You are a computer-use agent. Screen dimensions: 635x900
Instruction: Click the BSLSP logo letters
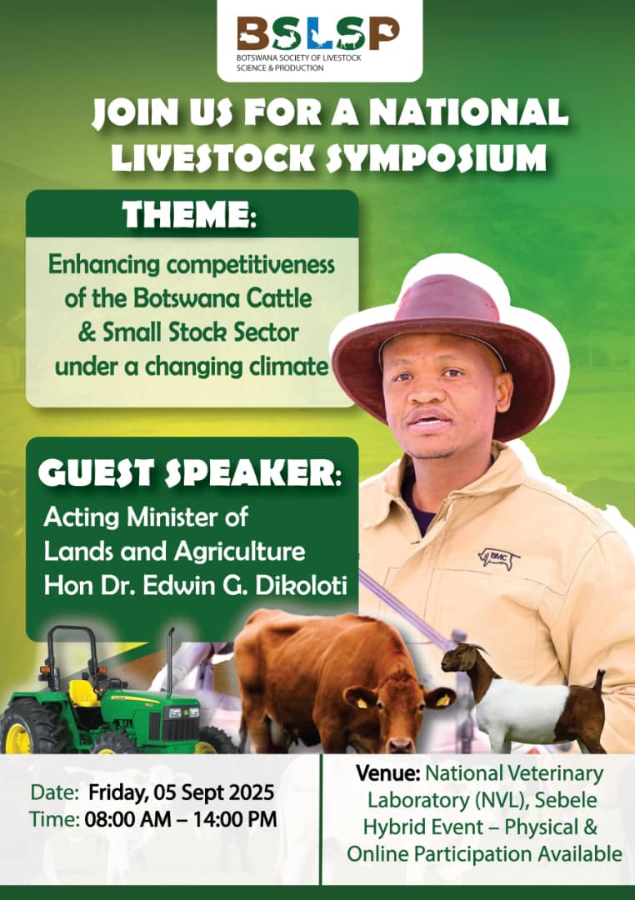click(x=318, y=33)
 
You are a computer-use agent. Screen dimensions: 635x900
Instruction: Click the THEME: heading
click(x=189, y=214)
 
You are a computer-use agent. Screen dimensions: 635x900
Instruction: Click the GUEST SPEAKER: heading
click(x=189, y=473)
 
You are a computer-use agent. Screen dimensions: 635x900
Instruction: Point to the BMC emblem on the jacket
click(x=499, y=557)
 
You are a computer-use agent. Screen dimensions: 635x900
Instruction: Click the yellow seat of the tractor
click(x=84, y=693)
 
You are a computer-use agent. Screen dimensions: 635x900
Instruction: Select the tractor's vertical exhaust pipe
click(x=170, y=660)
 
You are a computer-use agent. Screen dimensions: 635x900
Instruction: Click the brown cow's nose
click(x=400, y=745)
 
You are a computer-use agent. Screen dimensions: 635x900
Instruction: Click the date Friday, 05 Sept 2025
click(x=181, y=792)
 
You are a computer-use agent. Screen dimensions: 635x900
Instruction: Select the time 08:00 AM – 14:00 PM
click(x=181, y=819)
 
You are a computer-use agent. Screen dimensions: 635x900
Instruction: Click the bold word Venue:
click(x=388, y=773)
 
